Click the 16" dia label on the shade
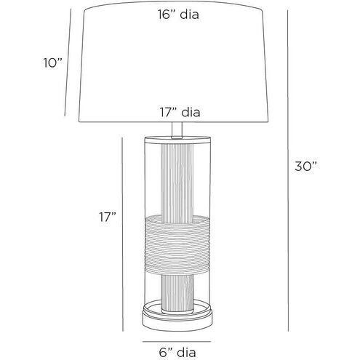tap(178, 15)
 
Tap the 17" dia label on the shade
tap(180, 113)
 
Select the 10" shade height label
tap(53, 63)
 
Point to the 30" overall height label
tap(305, 167)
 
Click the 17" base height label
tap(108, 217)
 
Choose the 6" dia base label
tap(177, 353)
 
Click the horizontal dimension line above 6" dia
tap(177, 342)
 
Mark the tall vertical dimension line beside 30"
tap(288, 170)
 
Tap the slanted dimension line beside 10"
tap(68, 63)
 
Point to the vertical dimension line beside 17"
tap(123, 234)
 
